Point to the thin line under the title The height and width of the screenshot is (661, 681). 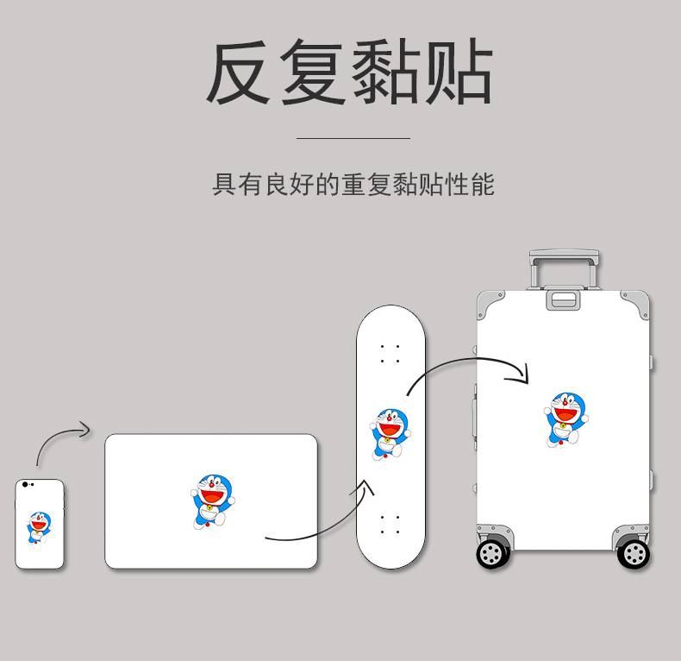pos(353,138)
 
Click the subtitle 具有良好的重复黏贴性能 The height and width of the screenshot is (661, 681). pos(353,185)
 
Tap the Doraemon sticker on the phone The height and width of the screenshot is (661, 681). pos(39,526)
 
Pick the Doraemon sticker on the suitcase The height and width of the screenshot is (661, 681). pos(565,419)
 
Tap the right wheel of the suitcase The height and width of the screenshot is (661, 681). pos(634,552)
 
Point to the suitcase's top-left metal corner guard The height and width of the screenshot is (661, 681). pos(490,302)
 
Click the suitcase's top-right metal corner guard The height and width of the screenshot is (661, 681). pos(637,302)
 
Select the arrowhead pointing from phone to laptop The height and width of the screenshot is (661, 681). pos(84,428)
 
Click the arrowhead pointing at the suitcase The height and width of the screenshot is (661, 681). pos(521,373)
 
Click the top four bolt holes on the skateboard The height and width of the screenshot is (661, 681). pos(390,353)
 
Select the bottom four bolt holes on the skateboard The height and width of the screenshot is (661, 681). pos(390,525)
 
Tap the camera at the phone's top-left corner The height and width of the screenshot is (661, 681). pos(25,485)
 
